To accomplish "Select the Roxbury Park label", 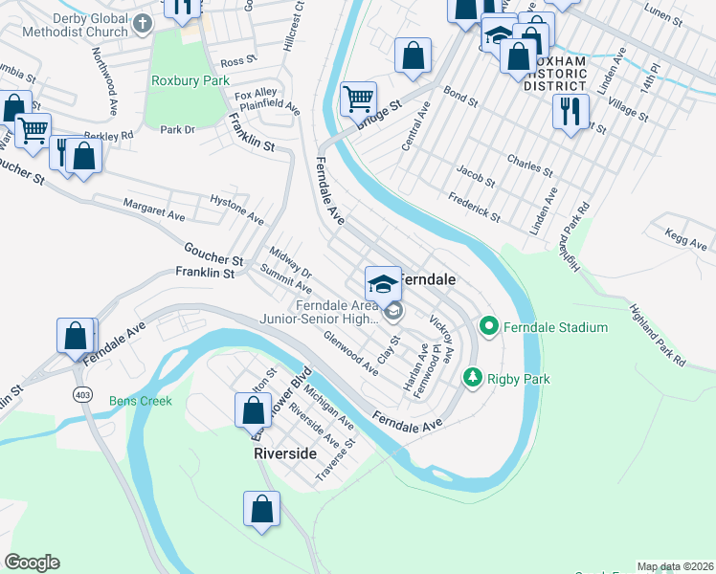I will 190,81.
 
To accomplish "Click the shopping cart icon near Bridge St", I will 358,98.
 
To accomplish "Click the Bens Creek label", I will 141,401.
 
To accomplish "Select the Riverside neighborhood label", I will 284,453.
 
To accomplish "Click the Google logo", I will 32,563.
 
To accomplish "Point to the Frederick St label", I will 474,207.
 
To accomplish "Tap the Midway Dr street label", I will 291,260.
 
